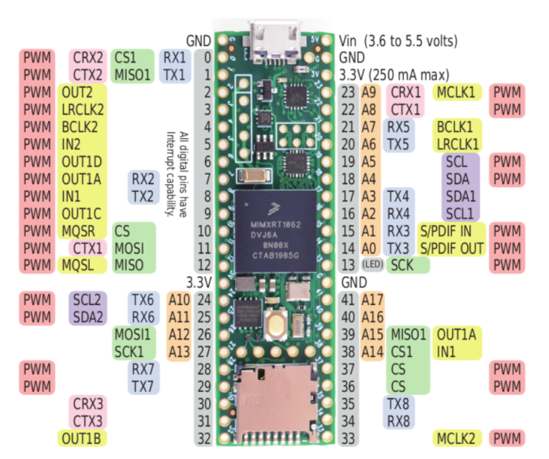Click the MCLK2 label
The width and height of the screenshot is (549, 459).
point(457,438)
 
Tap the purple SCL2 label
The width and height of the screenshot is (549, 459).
point(85,300)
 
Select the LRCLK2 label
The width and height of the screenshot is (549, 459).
point(83,109)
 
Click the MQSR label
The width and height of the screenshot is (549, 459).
point(81,231)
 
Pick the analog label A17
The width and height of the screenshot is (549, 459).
point(371,300)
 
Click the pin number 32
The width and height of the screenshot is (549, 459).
point(205,438)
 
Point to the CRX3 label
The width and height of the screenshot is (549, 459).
point(88,403)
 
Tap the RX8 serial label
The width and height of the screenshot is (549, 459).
point(398,421)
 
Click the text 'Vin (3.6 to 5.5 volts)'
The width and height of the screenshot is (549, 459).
point(398,40)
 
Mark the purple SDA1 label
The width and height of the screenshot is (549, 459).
point(460,195)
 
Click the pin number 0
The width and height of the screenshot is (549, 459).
point(207,58)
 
